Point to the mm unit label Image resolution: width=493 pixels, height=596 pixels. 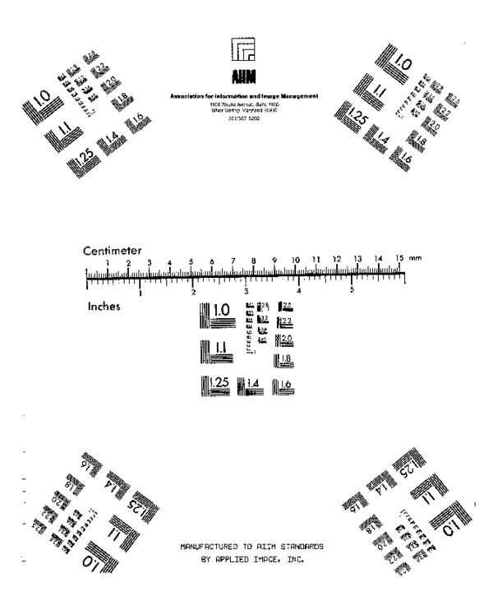pyautogui.click(x=415, y=259)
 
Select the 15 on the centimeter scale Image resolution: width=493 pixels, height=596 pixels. pyautogui.click(x=399, y=259)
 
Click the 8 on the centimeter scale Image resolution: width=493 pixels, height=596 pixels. pyautogui.click(x=253, y=261)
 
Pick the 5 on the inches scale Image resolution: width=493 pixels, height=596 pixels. pyautogui.click(x=352, y=290)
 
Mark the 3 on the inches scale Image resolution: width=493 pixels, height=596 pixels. pyautogui.click(x=246, y=290)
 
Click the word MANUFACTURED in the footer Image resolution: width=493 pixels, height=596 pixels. pyautogui.click(x=213, y=545)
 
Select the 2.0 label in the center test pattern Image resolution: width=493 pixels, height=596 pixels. pyautogui.click(x=288, y=340)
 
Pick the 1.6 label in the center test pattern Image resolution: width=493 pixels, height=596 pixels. pyautogui.click(x=288, y=385)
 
